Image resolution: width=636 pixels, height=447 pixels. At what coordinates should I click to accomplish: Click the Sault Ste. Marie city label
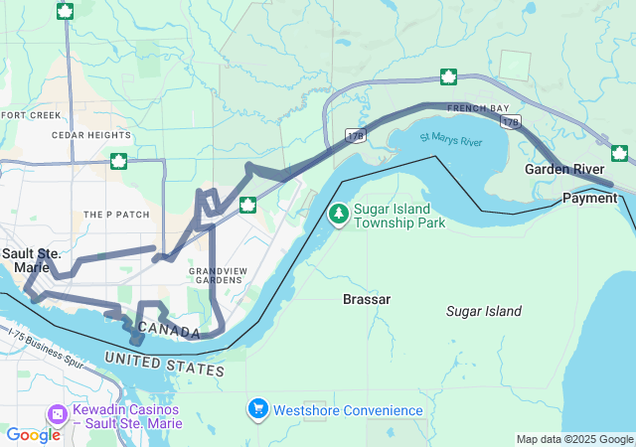(31, 260)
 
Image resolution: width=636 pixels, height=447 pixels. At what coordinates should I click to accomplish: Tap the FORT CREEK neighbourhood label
(31, 115)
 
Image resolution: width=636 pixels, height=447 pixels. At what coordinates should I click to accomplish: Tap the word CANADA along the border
(169, 329)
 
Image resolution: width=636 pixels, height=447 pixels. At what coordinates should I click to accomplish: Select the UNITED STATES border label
(164, 363)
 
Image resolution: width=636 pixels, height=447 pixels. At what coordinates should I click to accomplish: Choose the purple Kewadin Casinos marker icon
(59, 412)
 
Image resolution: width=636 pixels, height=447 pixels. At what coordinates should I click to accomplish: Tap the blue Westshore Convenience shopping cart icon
(258, 408)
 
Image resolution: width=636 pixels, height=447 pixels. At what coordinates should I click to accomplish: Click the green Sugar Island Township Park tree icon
(339, 214)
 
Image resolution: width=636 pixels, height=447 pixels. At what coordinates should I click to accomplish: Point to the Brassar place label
(367, 299)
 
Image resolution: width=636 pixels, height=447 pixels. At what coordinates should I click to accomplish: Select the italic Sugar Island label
(483, 311)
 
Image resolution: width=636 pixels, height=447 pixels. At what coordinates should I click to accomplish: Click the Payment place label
(589, 198)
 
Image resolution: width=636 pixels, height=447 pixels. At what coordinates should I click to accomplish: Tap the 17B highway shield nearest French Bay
(511, 121)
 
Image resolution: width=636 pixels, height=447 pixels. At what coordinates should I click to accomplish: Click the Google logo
(33, 434)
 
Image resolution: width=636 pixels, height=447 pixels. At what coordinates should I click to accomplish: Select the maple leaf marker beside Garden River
(620, 153)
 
